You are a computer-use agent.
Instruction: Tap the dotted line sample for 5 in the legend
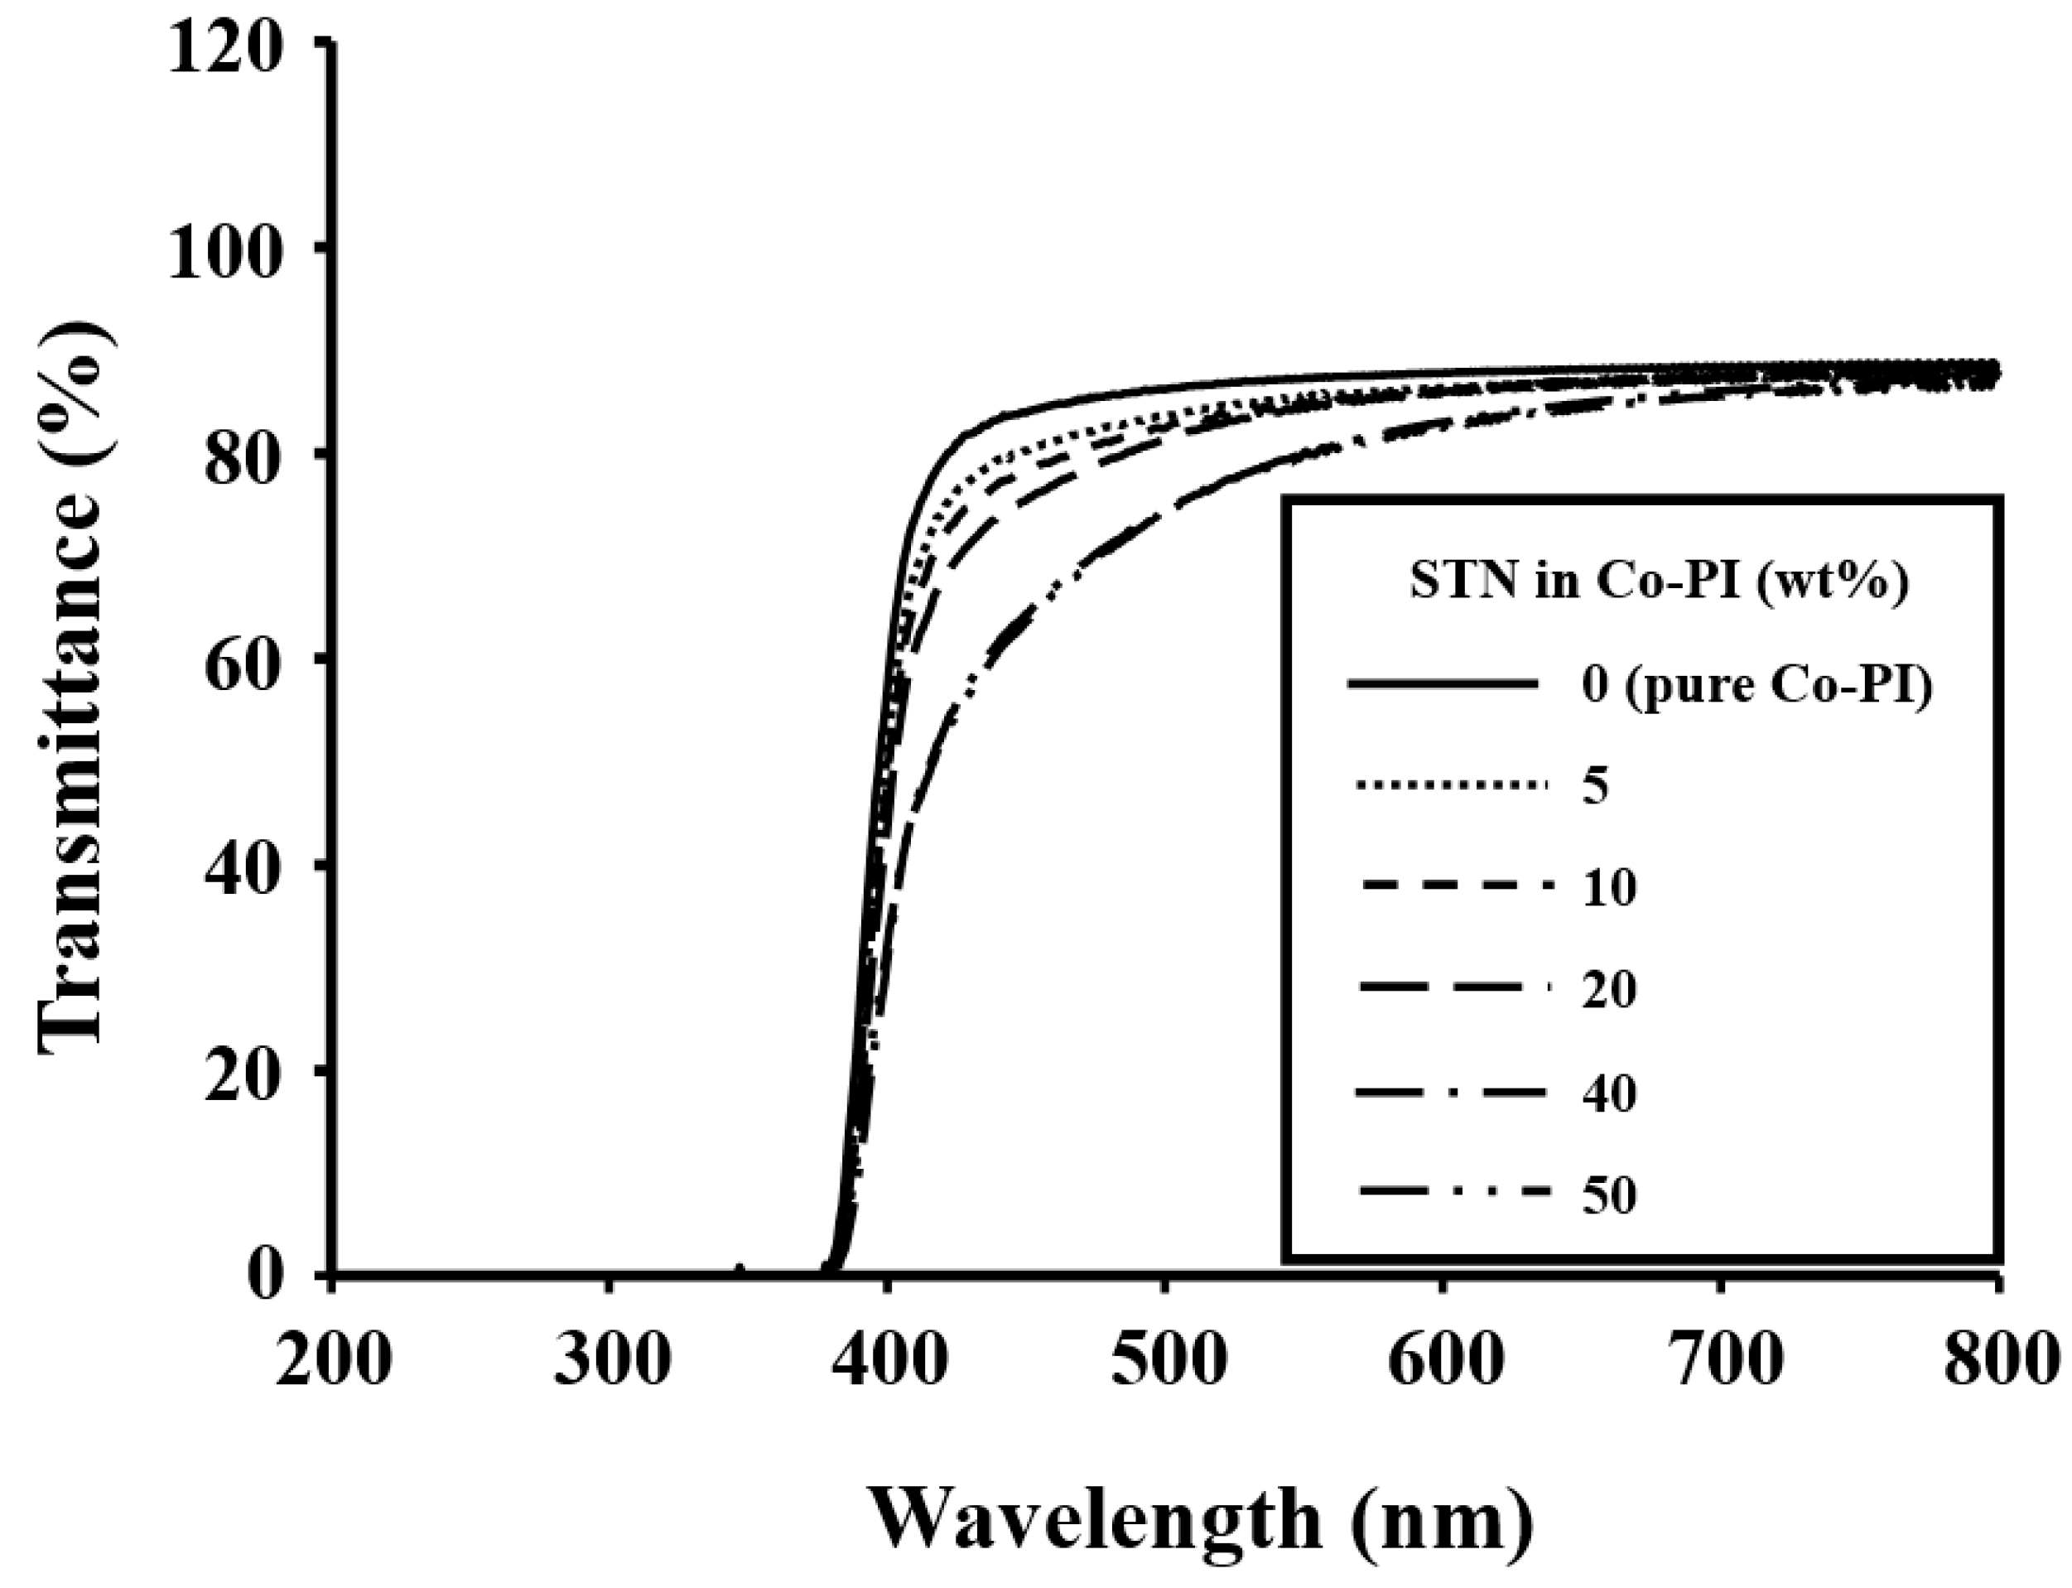click(x=1453, y=784)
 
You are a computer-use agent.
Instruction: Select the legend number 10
click(x=1608, y=889)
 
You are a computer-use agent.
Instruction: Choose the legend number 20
click(x=1608, y=991)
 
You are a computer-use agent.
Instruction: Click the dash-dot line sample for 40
click(x=1453, y=1093)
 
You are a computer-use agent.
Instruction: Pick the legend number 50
click(x=1608, y=1195)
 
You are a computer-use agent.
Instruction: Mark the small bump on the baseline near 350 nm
click(x=740, y=1269)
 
